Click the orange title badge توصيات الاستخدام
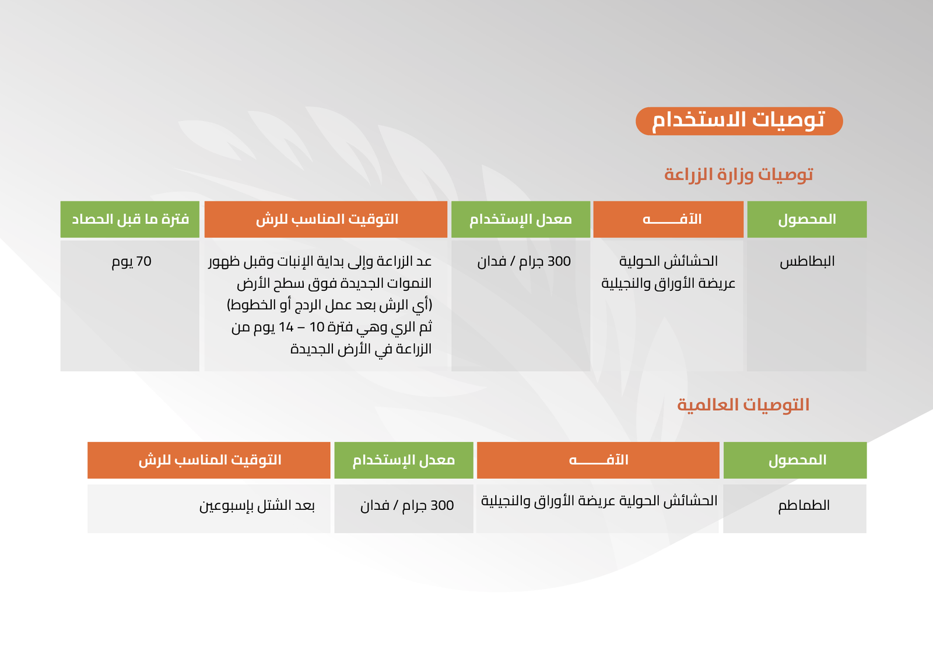point(739,121)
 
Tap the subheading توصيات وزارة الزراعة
point(738,174)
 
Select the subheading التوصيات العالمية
point(743,404)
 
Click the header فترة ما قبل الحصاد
point(130,220)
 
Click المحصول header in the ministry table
point(807,220)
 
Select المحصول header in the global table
point(795,460)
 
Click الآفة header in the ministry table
point(668,220)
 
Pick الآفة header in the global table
point(598,460)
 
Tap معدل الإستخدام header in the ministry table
point(521,220)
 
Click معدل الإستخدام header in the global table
point(404,460)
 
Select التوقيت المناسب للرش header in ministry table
point(326,220)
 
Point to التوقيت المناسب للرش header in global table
point(209,460)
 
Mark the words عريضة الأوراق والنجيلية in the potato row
point(668,284)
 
